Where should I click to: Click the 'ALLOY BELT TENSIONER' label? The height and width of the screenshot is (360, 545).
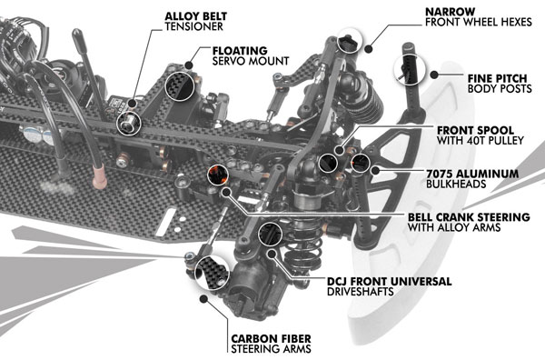[x=195, y=21]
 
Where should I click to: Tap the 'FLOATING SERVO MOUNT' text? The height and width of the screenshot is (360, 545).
[x=251, y=55]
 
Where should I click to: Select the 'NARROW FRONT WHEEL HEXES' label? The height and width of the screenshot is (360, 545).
[x=479, y=16]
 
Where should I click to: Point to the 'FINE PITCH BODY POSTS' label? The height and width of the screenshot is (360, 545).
[x=500, y=84]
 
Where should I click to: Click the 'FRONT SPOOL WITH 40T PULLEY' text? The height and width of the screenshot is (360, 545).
[x=480, y=135]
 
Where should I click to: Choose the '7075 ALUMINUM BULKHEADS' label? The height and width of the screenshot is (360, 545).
[x=472, y=178]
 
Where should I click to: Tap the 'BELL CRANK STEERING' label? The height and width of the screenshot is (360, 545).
[x=469, y=217]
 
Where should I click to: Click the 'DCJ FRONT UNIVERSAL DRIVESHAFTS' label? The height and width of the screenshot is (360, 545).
[x=390, y=286]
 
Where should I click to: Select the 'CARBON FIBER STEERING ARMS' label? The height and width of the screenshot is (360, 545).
[x=271, y=344]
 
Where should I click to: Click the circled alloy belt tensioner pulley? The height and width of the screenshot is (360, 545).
[x=129, y=124]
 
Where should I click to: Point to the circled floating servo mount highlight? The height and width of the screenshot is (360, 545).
[x=179, y=86]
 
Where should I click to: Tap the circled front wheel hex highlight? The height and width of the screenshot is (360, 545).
[x=350, y=40]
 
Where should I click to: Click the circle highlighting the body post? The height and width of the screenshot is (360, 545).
[x=411, y=70]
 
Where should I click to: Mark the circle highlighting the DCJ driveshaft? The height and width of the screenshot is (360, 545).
[x=270, y=234]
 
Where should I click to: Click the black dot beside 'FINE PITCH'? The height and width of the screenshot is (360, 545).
[x=434, y=74]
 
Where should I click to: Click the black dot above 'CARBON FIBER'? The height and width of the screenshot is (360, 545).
[x=203, y=298]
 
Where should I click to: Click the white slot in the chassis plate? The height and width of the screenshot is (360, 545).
[x=166, y=223]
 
